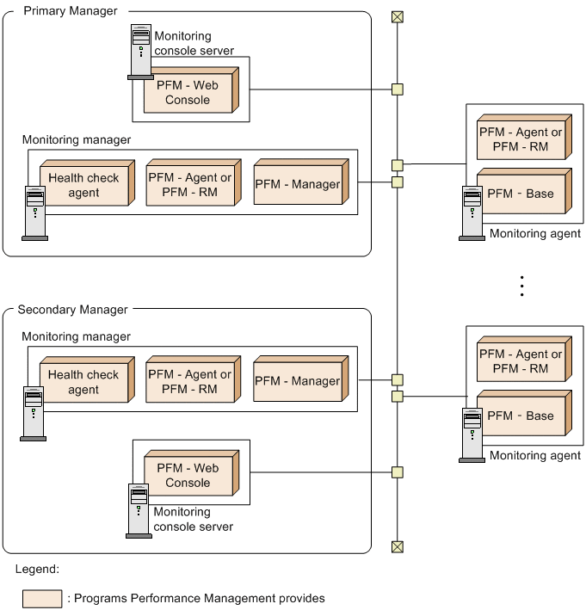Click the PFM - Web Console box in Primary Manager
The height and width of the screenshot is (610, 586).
tap(188, 93)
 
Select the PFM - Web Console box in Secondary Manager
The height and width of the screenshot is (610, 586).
tap(188, 476)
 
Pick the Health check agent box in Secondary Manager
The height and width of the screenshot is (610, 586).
tap(84, 382)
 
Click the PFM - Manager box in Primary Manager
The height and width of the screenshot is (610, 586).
tap(298, 184)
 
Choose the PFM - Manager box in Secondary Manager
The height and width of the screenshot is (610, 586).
tap(298, 380)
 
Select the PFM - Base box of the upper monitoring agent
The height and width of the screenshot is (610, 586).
tap(521, 194)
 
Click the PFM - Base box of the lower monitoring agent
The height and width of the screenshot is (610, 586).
tap(521, 416)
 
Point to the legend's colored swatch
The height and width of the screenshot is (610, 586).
tap(42, 598)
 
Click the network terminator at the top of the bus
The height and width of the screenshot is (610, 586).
tap(397, 16)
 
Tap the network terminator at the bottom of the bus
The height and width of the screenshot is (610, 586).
tap(397, 546)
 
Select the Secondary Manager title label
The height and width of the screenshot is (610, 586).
tap(72, 310)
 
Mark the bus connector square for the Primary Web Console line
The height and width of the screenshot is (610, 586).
tap(397, 89)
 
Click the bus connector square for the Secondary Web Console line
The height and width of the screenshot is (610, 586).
tap(397, 471)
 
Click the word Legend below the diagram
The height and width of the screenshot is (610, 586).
tap(37, 570)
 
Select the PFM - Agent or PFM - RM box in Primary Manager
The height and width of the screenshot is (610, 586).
tap(189, 184)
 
